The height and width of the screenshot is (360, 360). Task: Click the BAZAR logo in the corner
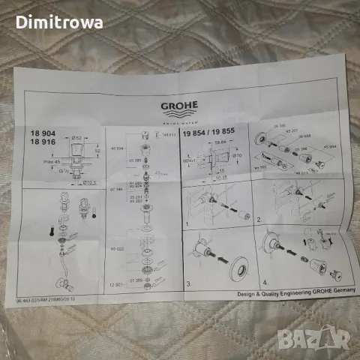pyautogui.click(x=330, y=338)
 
